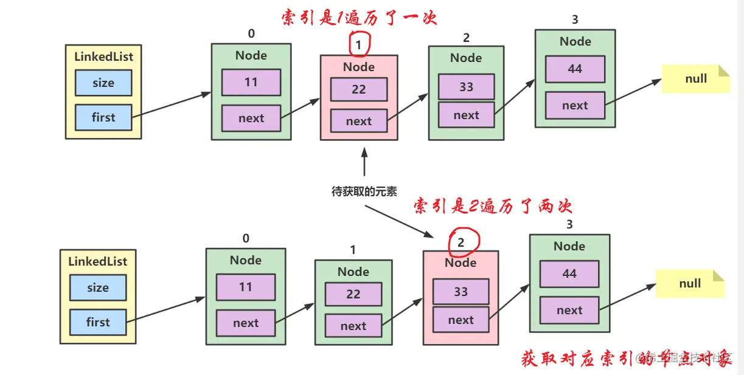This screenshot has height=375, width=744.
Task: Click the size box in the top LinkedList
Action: click(x=103, y=83)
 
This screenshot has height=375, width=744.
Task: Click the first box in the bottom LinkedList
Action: click(x=98, y=322)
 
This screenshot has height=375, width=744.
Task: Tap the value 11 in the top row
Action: click(x=251, y=82)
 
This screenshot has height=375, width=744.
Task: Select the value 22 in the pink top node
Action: click(x=359, y=89)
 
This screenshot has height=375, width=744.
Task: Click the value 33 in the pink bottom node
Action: click(x=461, y=292)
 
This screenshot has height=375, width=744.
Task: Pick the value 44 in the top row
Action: click(x=575, y=69)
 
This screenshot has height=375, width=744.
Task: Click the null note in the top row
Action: click(x=695, y=79)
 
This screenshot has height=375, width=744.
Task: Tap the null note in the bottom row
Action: click(x=690, y=284)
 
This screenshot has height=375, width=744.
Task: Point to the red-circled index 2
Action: click(x=461, y=243)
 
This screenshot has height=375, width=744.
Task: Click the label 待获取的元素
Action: click(x=364, y=191)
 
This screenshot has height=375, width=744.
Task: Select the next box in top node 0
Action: click(x=251, y=118)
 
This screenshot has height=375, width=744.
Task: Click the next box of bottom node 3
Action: click(x=569, y=311)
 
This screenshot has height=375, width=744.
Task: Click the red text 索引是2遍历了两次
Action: click(x=493, y=207)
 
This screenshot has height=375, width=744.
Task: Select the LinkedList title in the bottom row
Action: click(x=97, y=261)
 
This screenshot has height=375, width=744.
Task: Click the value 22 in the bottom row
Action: click(x=353, y=294)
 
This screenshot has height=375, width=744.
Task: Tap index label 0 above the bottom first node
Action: click(x=246, y=238)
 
